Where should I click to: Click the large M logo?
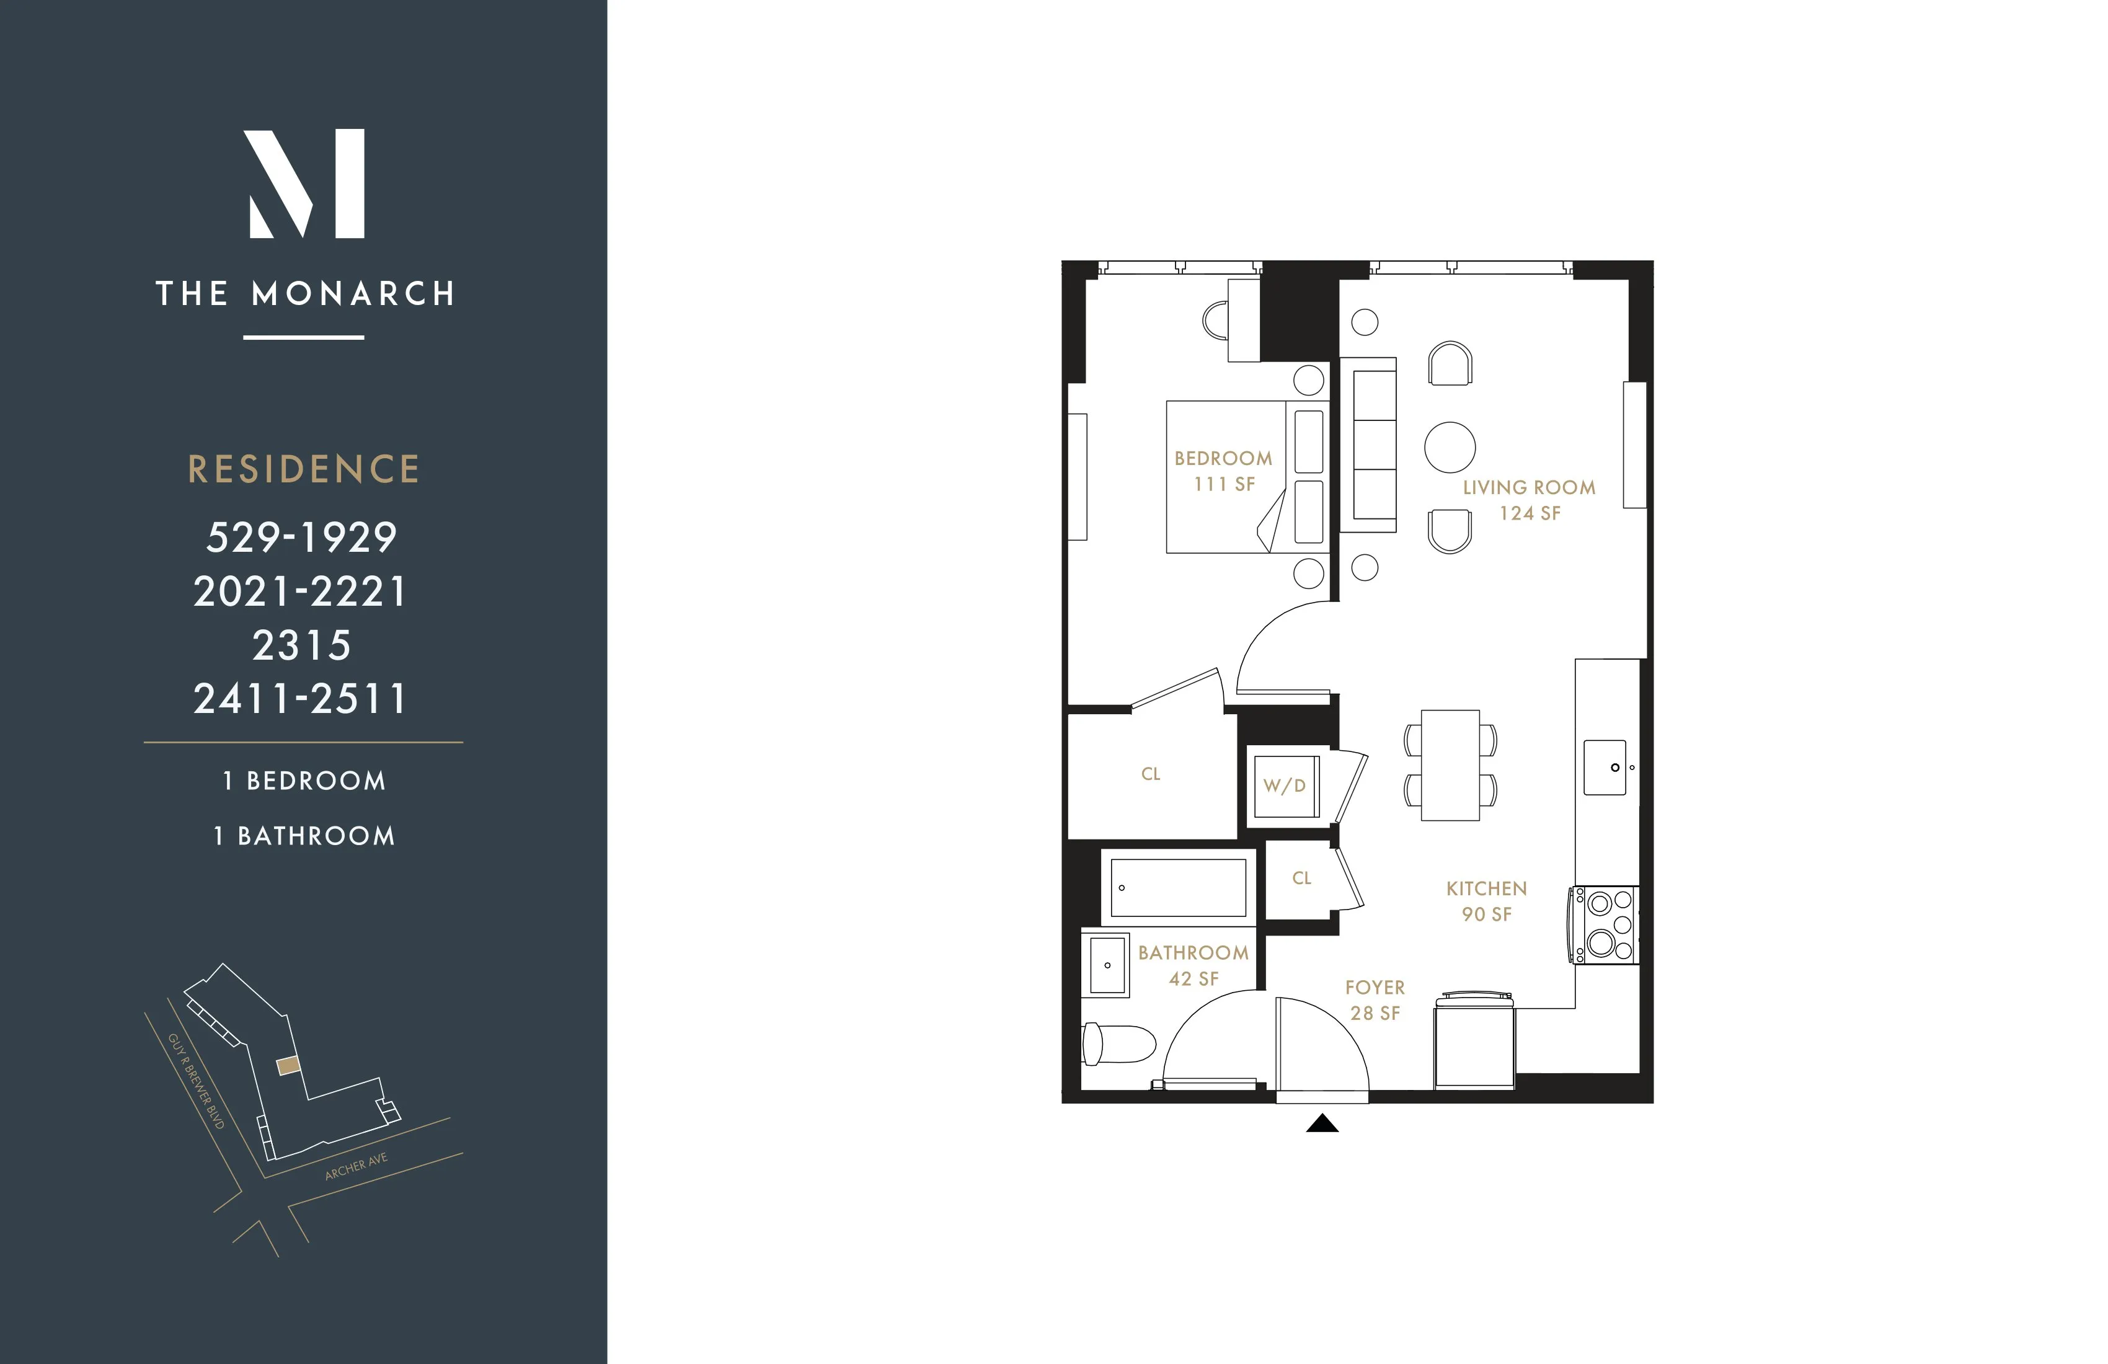tap(304, 184)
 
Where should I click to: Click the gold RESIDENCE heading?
tap(304, 469)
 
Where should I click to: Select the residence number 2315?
tap(302, 645)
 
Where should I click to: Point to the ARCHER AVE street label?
tap(356, 1167)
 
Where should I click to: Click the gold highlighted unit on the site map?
tap(288, 1066)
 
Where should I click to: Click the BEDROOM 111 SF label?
tap(1223, 471)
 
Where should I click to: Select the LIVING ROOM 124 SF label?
tap(1529, 500)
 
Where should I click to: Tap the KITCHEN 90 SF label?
tap(1486, 901)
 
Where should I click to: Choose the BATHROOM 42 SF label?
tap(1193, 965)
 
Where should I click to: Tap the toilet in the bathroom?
tap(1118, 1043)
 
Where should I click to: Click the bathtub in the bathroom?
tap(1178, 887)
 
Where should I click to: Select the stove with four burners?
tap(1606, 924)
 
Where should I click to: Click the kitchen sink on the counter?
tap(1605, 767)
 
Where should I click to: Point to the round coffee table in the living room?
tap(1450, 446)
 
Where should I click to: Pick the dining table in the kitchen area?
tap(1450, 765)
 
